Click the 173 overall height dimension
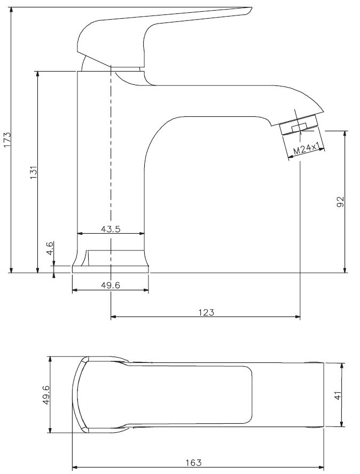pyautogui.click(x=7, y=140)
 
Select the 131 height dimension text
pyautogui.click(x=33, y=172)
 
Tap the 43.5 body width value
pyautogui.click(x=111, y=229)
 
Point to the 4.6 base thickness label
pyautogui.click(x=50, y=248)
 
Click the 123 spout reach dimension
pyautogui.click(x=206, y=312)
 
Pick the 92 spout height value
pyautogui.click(x=340, y=202)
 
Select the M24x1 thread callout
pyautogui.click(x=307, y=149)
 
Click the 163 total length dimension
pyautogui.click(x=193, y=462)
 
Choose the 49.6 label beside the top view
pyautogui.click(x=46, y=394)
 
